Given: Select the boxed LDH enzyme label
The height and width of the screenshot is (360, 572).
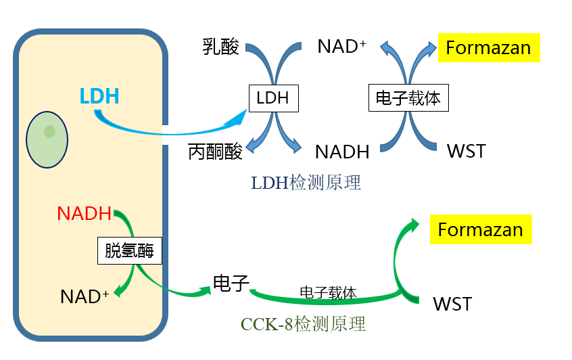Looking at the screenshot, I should click(273, 98).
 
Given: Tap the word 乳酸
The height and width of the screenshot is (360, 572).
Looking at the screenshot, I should click(221, 47).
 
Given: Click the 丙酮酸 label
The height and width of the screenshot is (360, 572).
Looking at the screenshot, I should click(215, 151).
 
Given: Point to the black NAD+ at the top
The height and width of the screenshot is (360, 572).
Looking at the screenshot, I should click(341, 47).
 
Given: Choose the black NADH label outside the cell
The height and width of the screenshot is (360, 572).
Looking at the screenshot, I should click(342, 151).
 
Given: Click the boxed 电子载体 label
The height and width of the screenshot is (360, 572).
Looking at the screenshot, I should click(408, 99).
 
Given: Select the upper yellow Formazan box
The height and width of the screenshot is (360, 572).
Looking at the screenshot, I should click(489, 48).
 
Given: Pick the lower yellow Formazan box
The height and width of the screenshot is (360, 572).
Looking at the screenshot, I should click(480, 229).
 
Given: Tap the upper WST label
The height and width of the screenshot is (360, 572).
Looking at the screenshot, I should click(466, 150).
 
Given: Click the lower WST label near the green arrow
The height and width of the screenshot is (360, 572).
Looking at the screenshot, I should click(452, 304).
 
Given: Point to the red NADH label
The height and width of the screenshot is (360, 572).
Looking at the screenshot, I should click(84, 213).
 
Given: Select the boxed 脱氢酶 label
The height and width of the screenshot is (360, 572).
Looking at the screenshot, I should click(130, 250).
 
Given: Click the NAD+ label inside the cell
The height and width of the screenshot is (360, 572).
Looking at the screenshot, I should click(85, 296).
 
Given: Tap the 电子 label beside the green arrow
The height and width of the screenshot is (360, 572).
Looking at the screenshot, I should click(231, 283).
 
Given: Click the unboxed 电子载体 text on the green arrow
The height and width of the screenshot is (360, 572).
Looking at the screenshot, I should click(328, 292).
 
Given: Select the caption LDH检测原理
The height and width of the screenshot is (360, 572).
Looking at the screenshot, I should click(306, 182).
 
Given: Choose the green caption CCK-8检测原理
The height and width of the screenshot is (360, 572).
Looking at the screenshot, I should click(303, 324).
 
